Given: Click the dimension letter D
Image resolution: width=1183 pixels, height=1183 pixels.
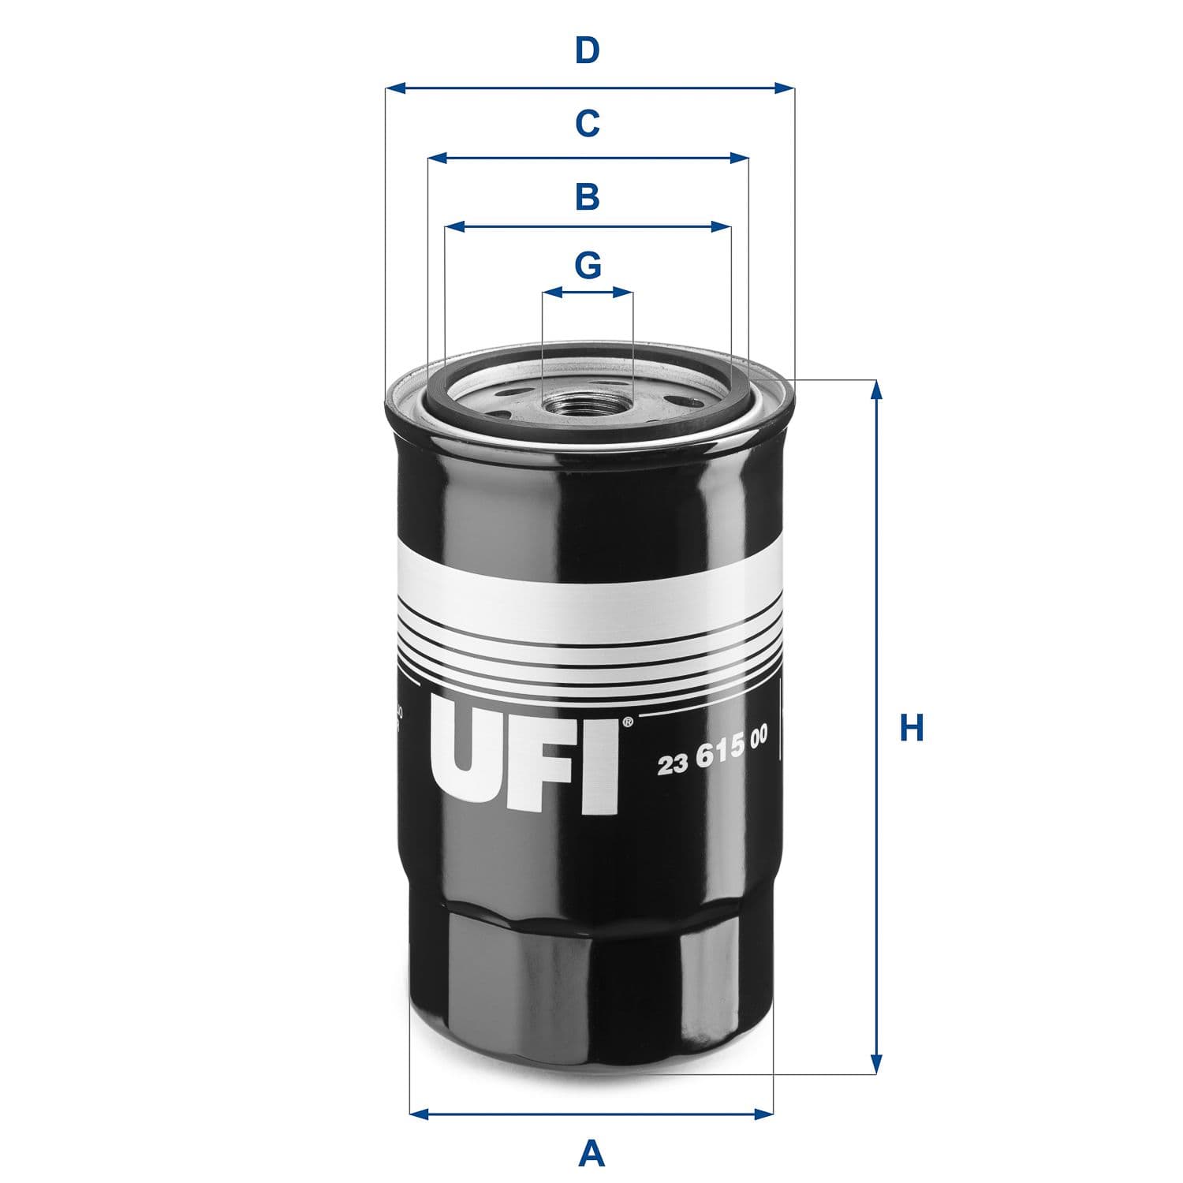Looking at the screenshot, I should click(x=588, y=51).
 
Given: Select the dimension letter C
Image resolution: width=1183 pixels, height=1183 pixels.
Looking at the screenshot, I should click(x=588, y=124).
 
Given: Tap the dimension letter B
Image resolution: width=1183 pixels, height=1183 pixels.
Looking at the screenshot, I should click(x=588, y=196).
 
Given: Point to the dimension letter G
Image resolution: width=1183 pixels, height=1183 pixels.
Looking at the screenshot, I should click(x=588, y=266).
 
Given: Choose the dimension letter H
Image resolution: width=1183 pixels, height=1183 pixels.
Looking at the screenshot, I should click(x=912, y=727).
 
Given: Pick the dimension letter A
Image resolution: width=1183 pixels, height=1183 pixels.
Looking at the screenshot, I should click(x=591, y=1155).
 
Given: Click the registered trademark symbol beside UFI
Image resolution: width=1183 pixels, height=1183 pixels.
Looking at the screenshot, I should click(x=627, y=722).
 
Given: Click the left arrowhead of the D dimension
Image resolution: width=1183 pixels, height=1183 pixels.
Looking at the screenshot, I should click(x=395, y=88).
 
